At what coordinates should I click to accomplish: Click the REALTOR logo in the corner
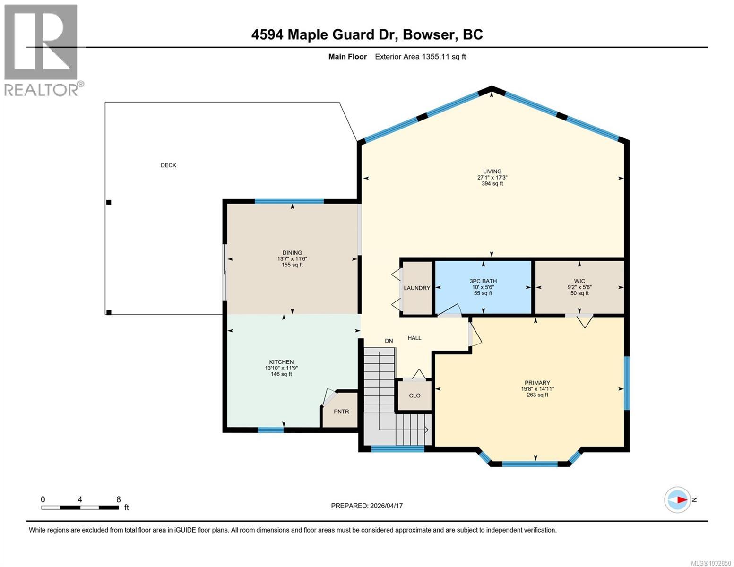click(42, 50)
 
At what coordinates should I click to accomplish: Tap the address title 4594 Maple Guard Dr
click(367, 34)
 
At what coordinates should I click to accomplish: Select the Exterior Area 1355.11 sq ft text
click(420, 57)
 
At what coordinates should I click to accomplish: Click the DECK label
click(168, 165)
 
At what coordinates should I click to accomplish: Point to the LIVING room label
click(492, 172)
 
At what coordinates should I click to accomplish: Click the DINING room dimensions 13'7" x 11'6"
click(292, 259)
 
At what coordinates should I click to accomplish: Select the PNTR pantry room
click(341, 412)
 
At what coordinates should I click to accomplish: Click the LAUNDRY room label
click(417, 288)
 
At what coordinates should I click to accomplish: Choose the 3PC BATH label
click(483, 281)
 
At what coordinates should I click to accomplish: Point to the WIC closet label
click(579, 281)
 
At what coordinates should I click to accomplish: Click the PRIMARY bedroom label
click(537, 383)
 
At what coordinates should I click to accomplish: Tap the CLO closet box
click(414, 395)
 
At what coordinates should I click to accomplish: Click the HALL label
click(414, 338)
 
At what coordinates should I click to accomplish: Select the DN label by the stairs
click(389, 341)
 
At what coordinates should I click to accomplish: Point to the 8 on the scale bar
click(119, 499)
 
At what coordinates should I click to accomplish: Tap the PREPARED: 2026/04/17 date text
click(367, 506)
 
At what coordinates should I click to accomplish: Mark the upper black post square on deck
click(109, 202)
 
